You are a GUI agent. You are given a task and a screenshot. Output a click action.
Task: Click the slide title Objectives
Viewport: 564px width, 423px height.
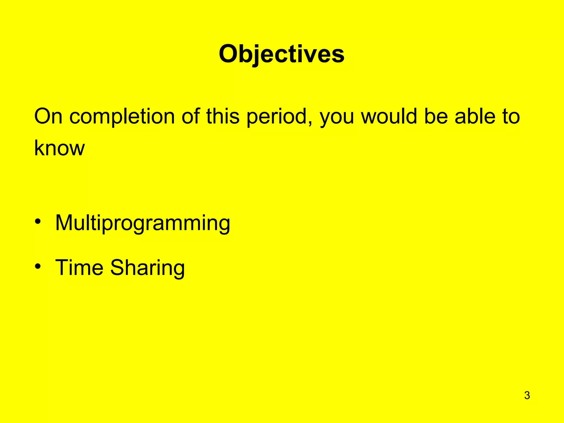(281, 54)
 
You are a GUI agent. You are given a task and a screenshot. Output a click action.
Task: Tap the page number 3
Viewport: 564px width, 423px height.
(527, 395)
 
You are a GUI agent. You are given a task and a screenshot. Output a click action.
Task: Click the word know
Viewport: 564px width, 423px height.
(59, 148)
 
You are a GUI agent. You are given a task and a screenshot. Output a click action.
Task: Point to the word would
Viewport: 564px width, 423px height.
(389, 116)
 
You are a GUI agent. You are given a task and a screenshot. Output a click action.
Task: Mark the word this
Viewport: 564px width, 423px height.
(223, 116)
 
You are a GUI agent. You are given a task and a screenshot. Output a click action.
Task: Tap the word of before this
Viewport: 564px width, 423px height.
(191, 116)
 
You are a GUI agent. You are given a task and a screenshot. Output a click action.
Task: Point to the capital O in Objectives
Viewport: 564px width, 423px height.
(229, 54)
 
